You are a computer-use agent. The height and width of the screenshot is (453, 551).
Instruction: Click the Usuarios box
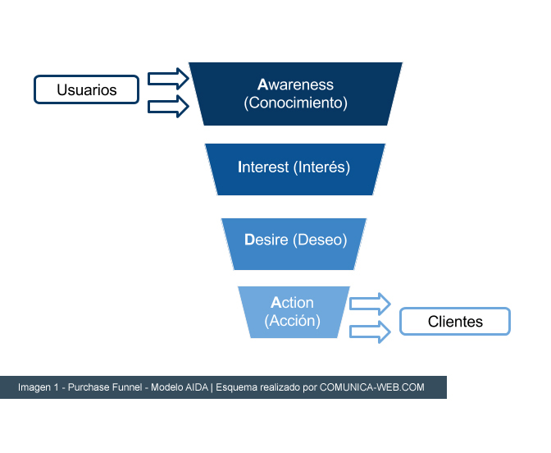[x=86, y=89]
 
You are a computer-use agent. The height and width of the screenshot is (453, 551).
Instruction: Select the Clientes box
[x=455, y=321]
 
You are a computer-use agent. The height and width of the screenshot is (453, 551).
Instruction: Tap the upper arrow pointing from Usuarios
[x=168, y=79]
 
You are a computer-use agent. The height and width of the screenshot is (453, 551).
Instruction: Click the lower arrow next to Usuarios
[x=168, y=106]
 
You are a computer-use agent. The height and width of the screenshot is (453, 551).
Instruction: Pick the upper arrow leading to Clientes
[x=370, y=304]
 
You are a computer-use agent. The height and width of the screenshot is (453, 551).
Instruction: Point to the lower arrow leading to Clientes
[x=370, y=332]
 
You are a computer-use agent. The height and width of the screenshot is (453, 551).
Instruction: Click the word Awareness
[x=295, y=85]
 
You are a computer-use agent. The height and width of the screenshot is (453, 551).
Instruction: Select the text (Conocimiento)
[x=295, y=103]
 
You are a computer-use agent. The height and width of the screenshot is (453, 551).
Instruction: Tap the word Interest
[x=263, y=167]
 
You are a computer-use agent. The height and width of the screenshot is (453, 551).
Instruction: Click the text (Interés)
[x=321, y=167]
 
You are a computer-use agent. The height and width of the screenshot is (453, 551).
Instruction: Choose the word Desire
[x=266, y=240]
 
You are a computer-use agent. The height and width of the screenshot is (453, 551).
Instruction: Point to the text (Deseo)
[x=320, y=240]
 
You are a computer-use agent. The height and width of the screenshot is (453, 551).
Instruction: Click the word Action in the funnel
[x=292, y=303]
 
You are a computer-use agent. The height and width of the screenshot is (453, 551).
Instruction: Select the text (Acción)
[x=293, y=321]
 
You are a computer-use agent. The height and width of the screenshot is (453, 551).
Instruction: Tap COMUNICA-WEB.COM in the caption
[x=371, y=387]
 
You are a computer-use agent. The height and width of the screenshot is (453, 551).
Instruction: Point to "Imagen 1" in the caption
[x=39, y=387]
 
